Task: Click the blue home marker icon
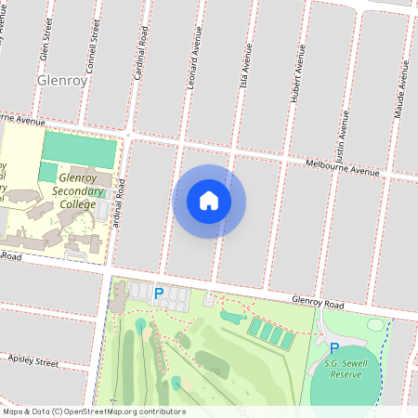[x=209, y=201]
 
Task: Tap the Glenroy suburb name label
[x=62, y=81]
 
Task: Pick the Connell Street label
[x=94, y=37]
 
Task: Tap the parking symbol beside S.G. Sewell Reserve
[x=334, y=348]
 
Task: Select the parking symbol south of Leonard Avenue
[x=159, y=294]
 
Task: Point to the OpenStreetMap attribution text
[x=94, y=411]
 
